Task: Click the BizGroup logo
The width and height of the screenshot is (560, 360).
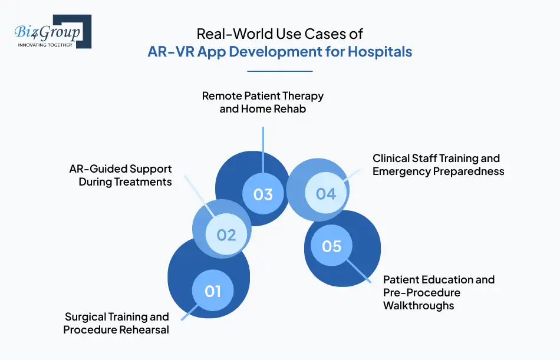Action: (52, 32)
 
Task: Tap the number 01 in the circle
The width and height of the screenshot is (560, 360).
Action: (213, 290)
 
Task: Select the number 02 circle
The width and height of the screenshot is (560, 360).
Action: (226, 235)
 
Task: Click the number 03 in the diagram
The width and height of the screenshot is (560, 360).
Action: (263, 194)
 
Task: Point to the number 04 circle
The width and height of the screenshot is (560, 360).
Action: (325, 193)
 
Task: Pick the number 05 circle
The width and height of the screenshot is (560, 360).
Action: (331, 246)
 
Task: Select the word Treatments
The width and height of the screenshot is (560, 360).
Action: (141, 182)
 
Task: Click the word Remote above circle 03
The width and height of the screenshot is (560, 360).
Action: (221, 95)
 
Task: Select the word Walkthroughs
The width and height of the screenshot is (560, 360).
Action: (419, 305)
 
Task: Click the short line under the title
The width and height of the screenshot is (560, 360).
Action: (279, 71)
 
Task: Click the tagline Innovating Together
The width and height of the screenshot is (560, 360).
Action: (45, 45)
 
